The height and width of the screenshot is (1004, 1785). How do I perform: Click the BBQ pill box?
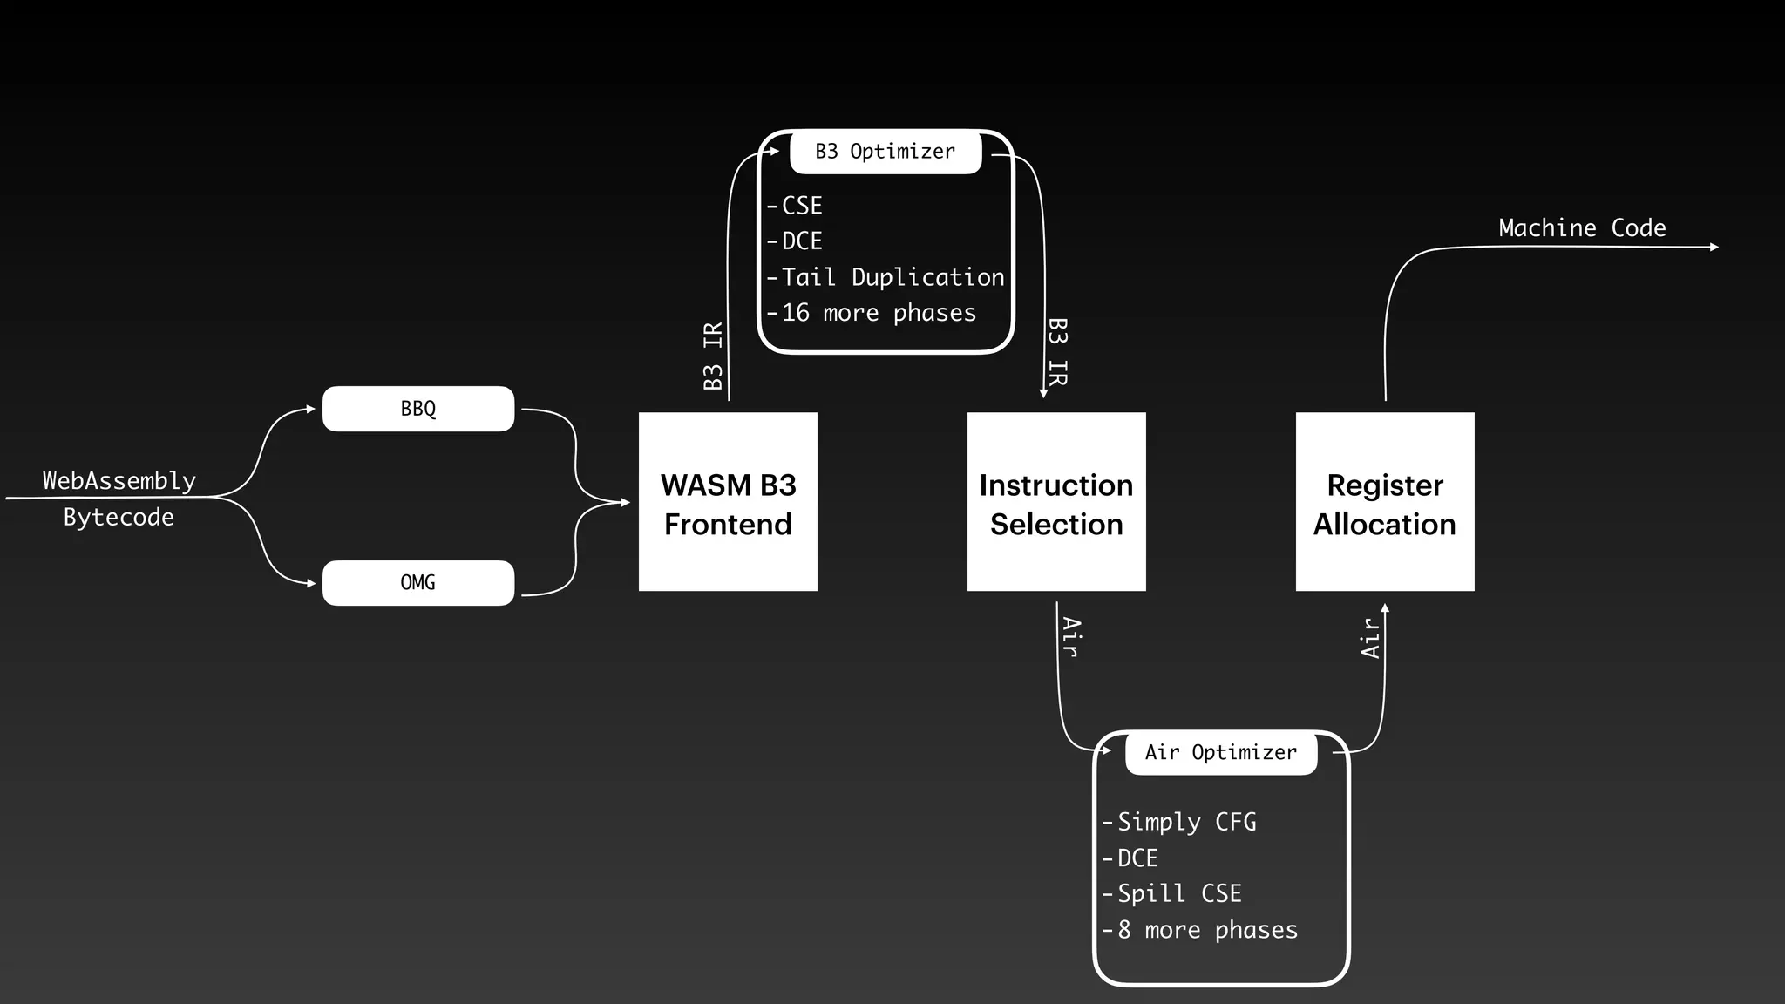coord(418,409)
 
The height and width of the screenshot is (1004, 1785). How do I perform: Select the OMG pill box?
coord(418,582)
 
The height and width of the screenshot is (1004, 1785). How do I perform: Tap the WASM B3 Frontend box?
coord(728,502)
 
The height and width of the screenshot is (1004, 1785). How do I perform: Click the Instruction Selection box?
coord(1056,502)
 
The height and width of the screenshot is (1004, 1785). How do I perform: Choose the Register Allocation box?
coord(1385,502)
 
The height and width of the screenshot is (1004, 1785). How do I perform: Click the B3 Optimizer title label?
coord(886,152)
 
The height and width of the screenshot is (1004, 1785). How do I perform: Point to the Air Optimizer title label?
coord(1220,752)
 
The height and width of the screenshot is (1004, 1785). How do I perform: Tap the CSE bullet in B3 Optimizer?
coord(801,206)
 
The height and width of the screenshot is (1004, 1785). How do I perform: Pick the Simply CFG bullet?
coord(1185,822)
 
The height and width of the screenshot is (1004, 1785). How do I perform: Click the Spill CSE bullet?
coord(1178,893)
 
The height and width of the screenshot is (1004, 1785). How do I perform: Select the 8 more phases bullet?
coord(1206,930)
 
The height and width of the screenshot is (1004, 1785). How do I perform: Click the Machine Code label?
coord(1582,228)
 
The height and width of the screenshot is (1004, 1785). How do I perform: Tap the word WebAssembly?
coord(119,481)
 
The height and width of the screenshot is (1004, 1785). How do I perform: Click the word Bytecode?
coord(119,517)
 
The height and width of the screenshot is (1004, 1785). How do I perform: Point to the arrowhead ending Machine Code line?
coord(1714,248)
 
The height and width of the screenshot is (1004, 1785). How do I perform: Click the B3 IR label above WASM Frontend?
coord(713,356)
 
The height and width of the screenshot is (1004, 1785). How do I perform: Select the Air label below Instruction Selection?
coord(1072,637)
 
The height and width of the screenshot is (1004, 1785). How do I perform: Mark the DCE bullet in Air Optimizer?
coord(1137,858)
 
